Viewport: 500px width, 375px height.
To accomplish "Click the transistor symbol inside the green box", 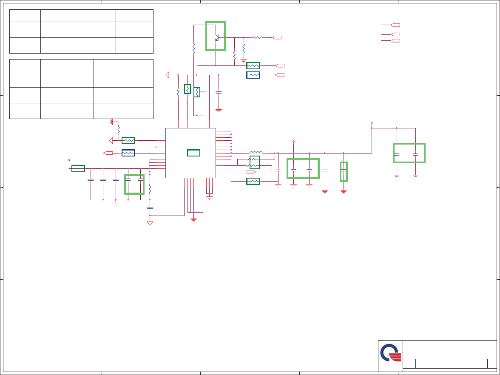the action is [217, 37].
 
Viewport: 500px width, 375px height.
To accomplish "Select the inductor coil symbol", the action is [256, 152].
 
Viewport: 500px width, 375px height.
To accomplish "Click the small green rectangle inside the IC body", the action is [193, 153].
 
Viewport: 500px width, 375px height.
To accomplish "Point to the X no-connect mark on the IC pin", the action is [156, 147].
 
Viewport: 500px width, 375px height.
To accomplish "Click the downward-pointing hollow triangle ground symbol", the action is [150, 223].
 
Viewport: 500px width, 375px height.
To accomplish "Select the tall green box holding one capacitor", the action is [344, 171].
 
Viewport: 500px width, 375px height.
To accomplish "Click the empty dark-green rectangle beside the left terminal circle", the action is [78, 168].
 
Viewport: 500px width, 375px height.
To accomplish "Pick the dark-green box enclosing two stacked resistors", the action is [255, 162].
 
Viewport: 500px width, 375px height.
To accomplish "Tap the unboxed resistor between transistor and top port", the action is [258, 37].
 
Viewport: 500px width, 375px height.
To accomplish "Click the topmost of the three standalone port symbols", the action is [395, 25].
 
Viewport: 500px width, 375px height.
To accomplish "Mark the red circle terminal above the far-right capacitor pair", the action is [372, 122].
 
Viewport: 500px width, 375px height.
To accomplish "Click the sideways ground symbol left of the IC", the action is [111, 122].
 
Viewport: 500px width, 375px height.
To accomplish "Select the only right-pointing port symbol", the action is [251, 172].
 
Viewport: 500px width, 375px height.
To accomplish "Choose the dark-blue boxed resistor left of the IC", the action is [128, 153].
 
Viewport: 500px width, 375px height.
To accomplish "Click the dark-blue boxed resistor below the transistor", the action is [253, 75].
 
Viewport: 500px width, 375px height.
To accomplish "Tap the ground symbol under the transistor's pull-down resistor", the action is [244, 60].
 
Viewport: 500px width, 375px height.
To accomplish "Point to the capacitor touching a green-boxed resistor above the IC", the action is [203, 92].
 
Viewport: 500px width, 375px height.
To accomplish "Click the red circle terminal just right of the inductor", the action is [293, 141].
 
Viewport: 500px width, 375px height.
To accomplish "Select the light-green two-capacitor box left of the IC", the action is [134, 184].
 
